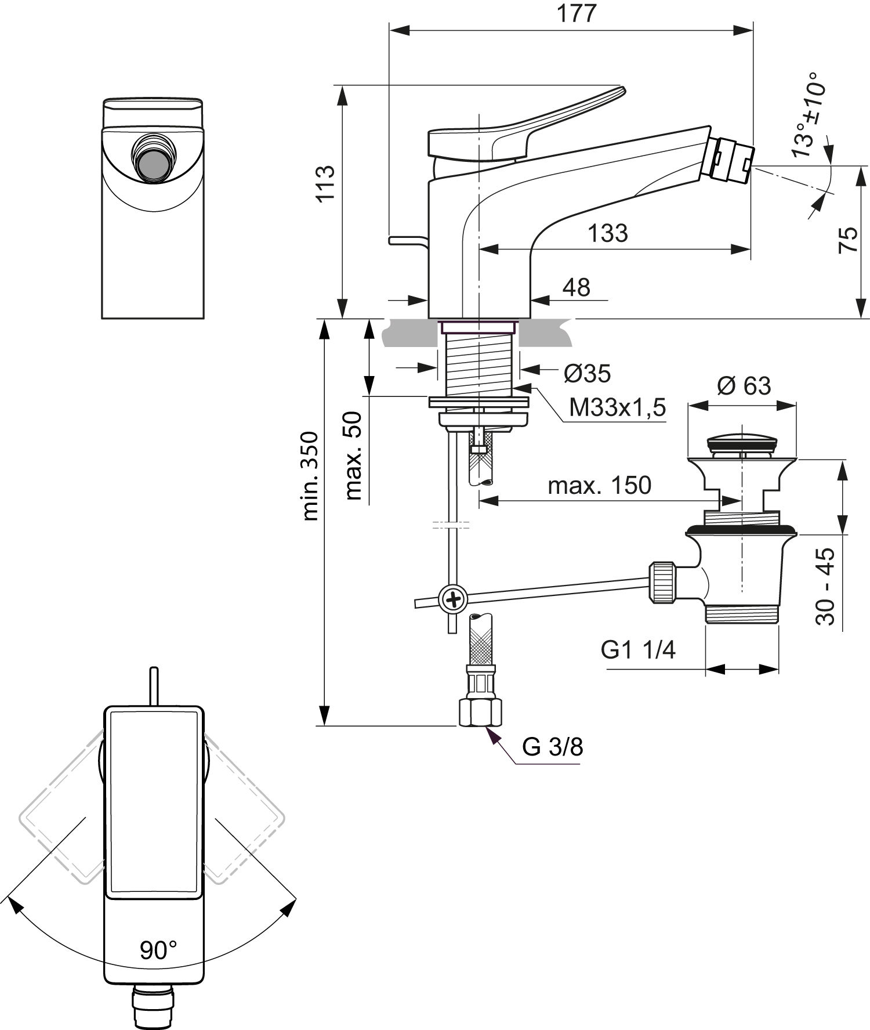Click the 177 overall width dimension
[x=577, y=13]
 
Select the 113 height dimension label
[x=326, y=183]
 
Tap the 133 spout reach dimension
[x=608, y=233]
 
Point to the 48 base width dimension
[x=576, y=287]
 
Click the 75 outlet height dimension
[x=848, y=240]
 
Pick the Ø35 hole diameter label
[x=587, y=374]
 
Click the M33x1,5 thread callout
[x=617, y=408]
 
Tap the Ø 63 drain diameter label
[x=744, y=385]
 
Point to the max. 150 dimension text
[x=600, y=485]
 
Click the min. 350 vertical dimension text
[x=310, y=476]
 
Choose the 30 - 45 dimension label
[x=825, y=586]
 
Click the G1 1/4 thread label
[x=638, y=650]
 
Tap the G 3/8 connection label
[x=552, y=747]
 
